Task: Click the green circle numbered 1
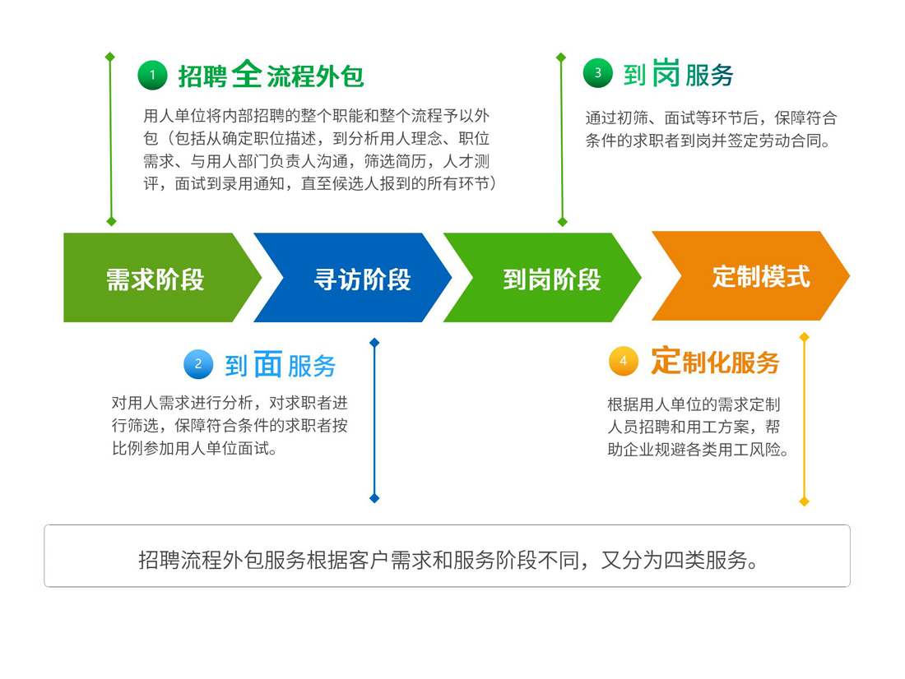(152, 75)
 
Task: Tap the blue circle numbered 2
(198, 364)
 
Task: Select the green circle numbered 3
(598, 72)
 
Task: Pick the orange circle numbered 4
(624, 361)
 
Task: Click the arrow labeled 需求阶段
(155, 278)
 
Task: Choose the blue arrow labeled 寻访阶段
(353, 278)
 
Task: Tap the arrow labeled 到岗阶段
(542, 278)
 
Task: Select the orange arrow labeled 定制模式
(751, 275)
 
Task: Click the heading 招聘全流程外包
(271, 75)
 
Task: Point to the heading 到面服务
(280, 365)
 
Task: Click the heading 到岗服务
(678, 73)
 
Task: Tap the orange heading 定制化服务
(715, 362)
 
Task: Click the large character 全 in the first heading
(247, 74)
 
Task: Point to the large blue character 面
(268, 364)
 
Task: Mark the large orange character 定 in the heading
(666, 361)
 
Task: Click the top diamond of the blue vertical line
(374, 343)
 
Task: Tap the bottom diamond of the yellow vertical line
(804, 502)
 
